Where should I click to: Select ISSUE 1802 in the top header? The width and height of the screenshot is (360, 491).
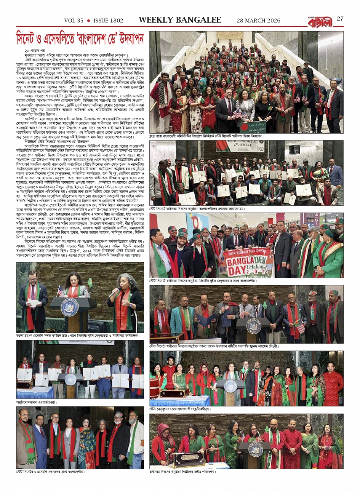(x=108, y=21)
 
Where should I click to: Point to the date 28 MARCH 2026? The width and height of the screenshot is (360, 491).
(x=258, y=21)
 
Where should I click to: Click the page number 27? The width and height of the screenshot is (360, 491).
(x=340, y=19)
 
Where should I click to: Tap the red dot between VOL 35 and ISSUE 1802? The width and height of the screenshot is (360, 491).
(x=88, y=21)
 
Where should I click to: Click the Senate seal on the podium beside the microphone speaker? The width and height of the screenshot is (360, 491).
(x=70, y=307)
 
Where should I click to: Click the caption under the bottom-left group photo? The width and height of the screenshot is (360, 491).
(x=51, y=472)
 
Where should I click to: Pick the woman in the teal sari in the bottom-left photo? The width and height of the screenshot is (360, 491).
(x=86, y=448)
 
